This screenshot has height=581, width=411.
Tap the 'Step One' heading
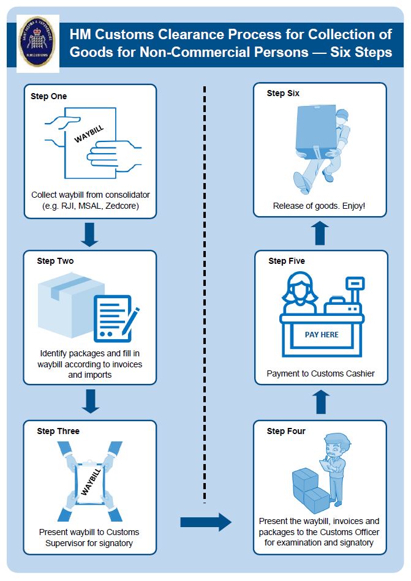(x=49, y=96)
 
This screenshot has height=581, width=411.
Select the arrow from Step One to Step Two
(x=90, y=234)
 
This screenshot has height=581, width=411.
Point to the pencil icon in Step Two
(x=130, y=321)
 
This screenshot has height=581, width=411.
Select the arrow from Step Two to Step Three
(x=90, y=401)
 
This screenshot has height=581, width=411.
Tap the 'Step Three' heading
(x=58, y=431)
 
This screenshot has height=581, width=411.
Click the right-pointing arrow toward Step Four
(x=206, y=522)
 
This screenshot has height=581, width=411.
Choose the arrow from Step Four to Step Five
(x=321, y=402)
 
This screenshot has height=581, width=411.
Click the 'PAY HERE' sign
(x=322, y=335)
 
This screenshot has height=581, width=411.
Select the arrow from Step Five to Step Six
(x=321, y=233)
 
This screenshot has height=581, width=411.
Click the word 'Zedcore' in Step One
(x=123, y=206)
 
